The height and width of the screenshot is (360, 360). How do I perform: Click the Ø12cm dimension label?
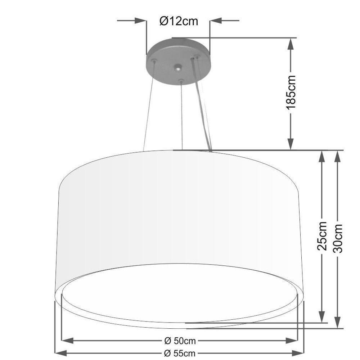click(179, 21)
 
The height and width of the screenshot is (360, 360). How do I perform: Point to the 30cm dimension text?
click(338, 238)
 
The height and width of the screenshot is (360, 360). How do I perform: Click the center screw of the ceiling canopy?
click(177, 67)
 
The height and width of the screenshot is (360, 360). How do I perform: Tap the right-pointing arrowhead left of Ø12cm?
click(140, 21)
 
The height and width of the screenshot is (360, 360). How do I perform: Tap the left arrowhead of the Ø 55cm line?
click(60, 352)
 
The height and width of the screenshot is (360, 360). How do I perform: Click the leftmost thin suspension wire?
click(149, 108)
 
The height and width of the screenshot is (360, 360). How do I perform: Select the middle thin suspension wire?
click(182, 115)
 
